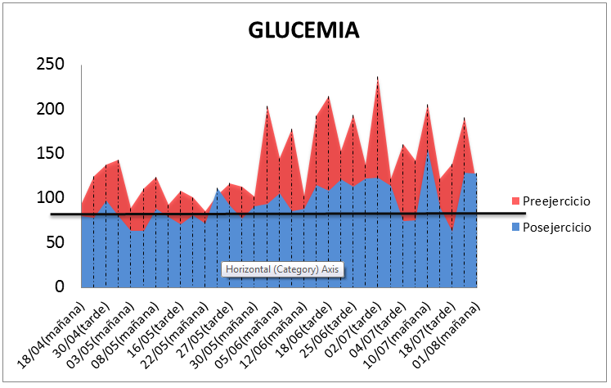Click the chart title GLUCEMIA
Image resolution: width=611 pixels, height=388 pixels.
pos(303,30)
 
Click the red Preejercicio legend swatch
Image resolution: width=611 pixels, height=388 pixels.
pos(514,201)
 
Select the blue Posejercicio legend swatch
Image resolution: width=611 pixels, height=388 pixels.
pos(514,227)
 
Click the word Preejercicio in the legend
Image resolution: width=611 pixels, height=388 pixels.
pos(556,201)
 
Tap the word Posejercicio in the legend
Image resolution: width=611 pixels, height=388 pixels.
pos(556,227)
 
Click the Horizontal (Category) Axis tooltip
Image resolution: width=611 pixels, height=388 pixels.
pos(282,269)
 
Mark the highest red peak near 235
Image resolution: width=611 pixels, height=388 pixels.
pos(378,79)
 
